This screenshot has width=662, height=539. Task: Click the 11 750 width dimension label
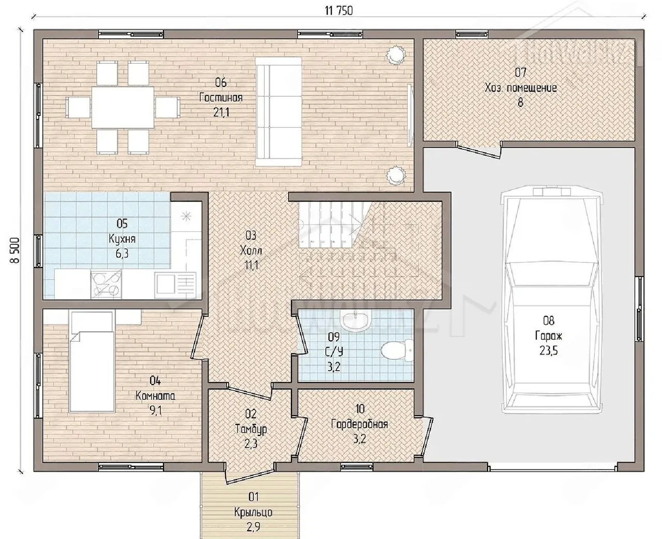[339, 11]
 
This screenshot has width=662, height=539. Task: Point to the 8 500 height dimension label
[15, 250]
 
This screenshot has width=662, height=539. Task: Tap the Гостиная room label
[221, 98]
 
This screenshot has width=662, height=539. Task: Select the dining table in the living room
[123, 107]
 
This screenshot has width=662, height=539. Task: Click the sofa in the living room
[278, 112]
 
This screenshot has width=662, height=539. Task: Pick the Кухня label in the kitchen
[122, 239]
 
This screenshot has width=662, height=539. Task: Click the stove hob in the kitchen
[106, 284]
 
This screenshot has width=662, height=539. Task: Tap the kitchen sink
[176, 284]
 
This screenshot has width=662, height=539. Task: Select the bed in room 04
[92, 361]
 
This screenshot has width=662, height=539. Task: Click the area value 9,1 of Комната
[155, 411]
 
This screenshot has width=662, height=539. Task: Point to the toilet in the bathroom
[397, 350]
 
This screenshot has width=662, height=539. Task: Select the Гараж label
[549, 336]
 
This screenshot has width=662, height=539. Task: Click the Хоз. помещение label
[521, 88]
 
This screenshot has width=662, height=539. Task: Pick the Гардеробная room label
[359, 424]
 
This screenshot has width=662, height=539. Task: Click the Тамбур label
[251, 429]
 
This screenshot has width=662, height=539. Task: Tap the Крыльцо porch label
[253, 512]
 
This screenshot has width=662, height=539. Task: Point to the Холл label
[251, 250]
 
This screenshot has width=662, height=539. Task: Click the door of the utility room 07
[479, 151]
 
